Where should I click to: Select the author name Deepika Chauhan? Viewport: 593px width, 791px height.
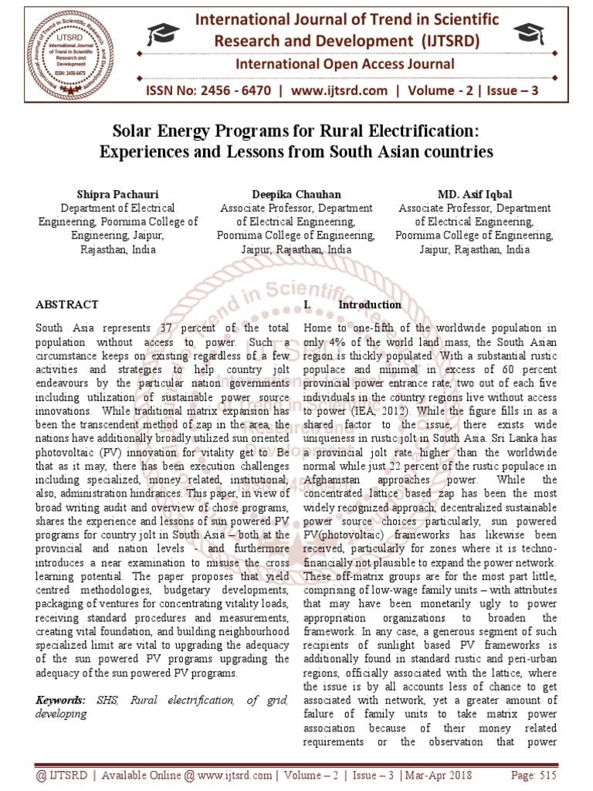click(296, 195)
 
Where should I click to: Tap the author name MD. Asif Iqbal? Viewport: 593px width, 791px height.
click(474, 195)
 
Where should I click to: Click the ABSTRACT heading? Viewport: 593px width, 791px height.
click(67, 305)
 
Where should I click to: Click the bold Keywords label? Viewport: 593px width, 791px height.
click(61, 700)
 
